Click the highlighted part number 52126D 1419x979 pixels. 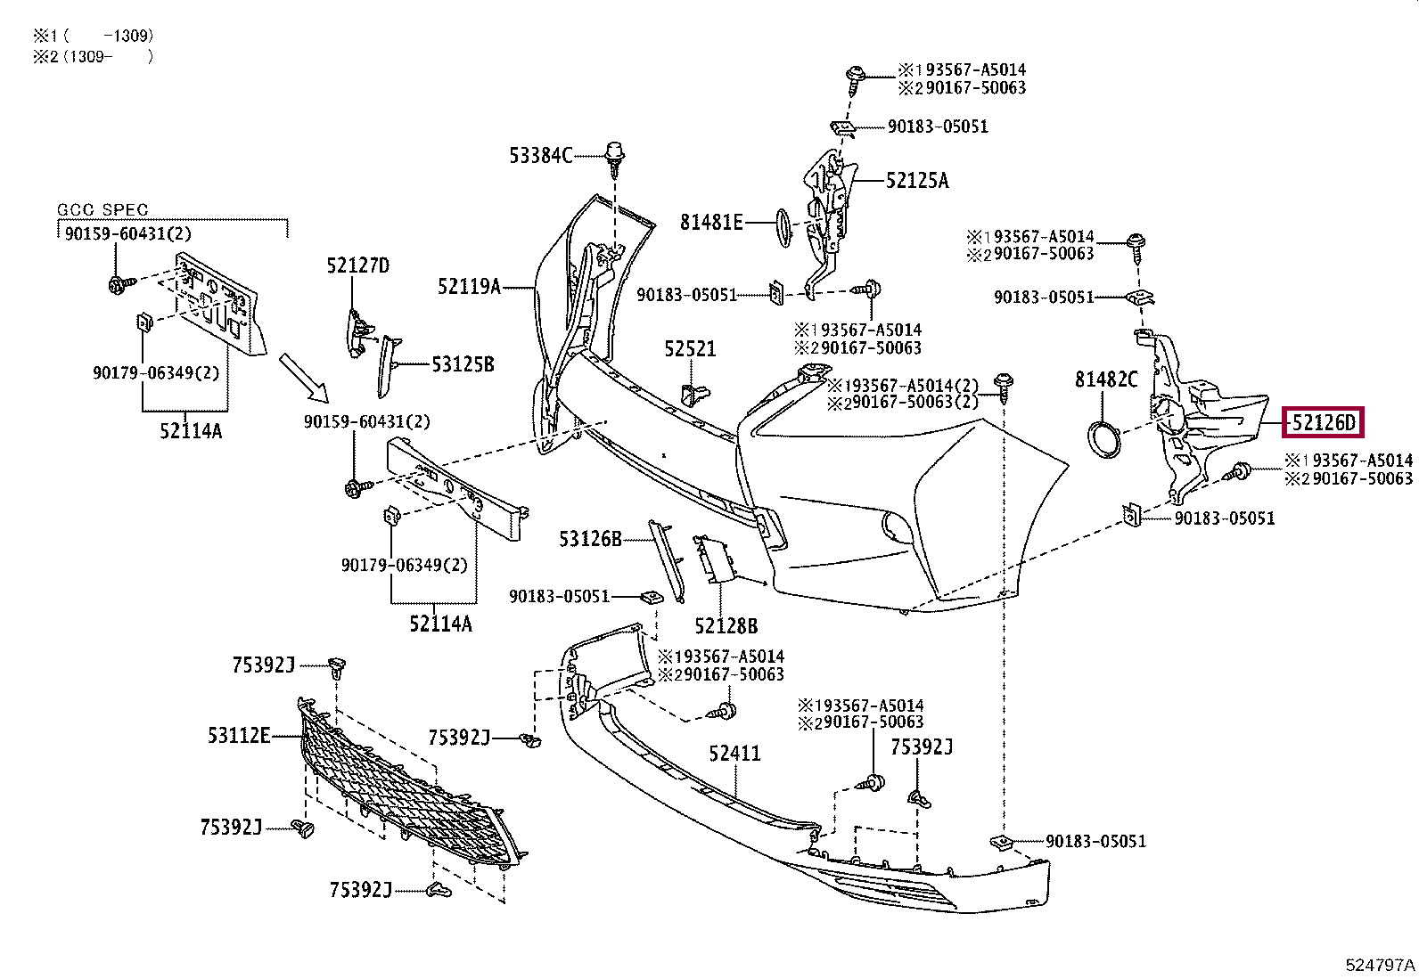pos(1323,422)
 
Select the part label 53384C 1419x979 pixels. pos(540,155)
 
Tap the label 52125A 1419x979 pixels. pos(916,181)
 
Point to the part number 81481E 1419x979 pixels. pos(710,223)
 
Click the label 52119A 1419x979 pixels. pos(469,287)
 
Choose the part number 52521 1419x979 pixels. pos(690,349)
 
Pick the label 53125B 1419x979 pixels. pos(463,364)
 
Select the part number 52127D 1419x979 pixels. pos(358,265)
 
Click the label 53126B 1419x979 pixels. pos(590,539)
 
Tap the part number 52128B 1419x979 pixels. pos(726,625)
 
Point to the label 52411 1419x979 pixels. pos(734,754)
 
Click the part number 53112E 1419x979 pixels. pos(239,736)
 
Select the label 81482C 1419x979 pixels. pos(1106,379)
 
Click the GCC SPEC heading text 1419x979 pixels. pos(103,209)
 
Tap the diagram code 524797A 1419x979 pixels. pos(1380,965)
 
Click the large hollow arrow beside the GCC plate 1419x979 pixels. pos(304,378)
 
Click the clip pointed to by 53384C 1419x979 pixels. pos(615,159)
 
